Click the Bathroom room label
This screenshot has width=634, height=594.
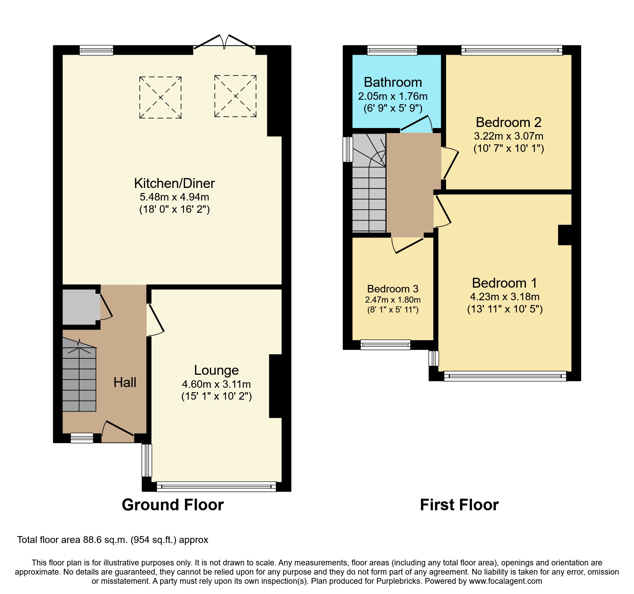pyautogui.click(x=393, y=82)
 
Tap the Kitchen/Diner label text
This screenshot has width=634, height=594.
pyautogui.click(x=174, y=183)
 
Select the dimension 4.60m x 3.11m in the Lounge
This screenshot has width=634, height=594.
pyautogui.click(x=216, y=384)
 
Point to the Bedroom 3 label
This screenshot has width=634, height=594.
pyautogui.click(x=393, y=289)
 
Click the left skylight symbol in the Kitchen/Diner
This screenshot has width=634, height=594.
pyautogui.click(x=160, y=97)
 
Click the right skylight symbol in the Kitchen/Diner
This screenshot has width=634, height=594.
pyautogui.click(x=235, y=96)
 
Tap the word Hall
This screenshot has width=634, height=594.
pyautogui.click(x=125, y=382)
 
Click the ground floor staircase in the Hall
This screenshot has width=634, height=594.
pyautogui.click(x=79, y=378)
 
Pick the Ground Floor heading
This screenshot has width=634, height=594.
pyautogui.click(x=173, y=504)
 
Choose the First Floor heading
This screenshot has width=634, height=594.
pyautogui.click(x=459, y=504)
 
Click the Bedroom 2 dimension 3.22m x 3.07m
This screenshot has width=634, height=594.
pyautogui.click(x=508, y=136)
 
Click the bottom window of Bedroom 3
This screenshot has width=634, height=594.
pyautogui.click(x=385, y=344)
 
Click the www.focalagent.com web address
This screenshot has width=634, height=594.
pyautogui.click(x=505, y=581)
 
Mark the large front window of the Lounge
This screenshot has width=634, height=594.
pyautogui.click(x=216, y=486)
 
